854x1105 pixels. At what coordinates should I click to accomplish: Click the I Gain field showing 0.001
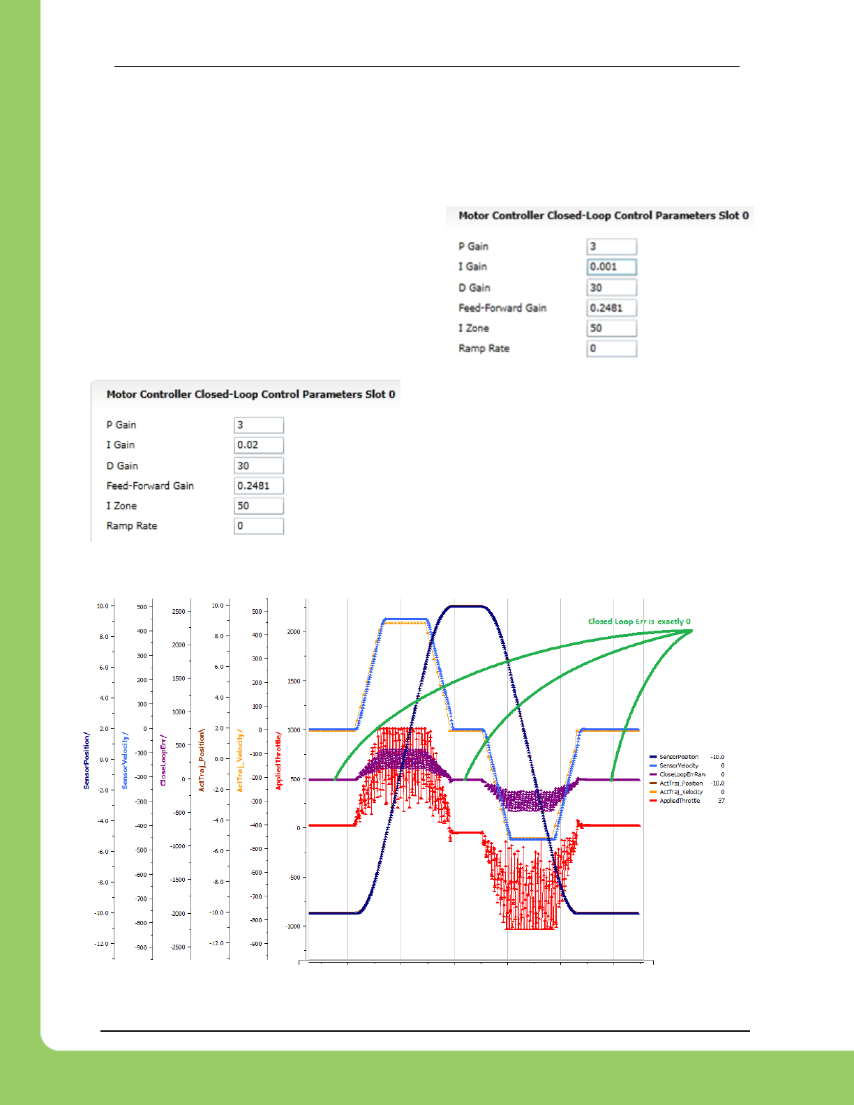(611, 266)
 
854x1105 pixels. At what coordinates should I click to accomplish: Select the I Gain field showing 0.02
(258, 445)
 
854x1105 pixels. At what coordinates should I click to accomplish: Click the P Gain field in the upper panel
(611, 246)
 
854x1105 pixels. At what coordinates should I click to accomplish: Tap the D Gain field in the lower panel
(258, 465)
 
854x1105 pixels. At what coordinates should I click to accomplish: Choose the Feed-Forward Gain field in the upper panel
(611, 308)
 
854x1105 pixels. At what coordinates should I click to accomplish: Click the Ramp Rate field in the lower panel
(258, 526)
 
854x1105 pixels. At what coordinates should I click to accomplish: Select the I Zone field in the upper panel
(611, 328)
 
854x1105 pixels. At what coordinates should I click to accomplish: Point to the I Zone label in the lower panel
(121, 506)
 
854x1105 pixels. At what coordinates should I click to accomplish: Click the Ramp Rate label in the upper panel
(484, 348)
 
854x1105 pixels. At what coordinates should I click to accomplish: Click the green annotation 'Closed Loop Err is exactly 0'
(639, 622)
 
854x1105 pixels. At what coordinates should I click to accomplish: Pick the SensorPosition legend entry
(678, 757)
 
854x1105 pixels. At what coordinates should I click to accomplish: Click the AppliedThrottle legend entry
(679, 801)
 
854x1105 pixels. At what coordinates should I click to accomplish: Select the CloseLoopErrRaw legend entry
(682, 774)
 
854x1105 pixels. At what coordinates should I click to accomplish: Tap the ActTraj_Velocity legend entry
(680, 792)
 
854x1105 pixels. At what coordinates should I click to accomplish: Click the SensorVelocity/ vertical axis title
(126, 760)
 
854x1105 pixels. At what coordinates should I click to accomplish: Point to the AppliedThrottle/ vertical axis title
(278, 760)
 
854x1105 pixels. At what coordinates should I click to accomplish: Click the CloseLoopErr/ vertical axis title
(163, 760)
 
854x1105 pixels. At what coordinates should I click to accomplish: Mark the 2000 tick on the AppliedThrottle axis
(294, 632)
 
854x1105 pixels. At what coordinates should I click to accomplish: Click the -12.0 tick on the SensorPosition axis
(102, 944)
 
